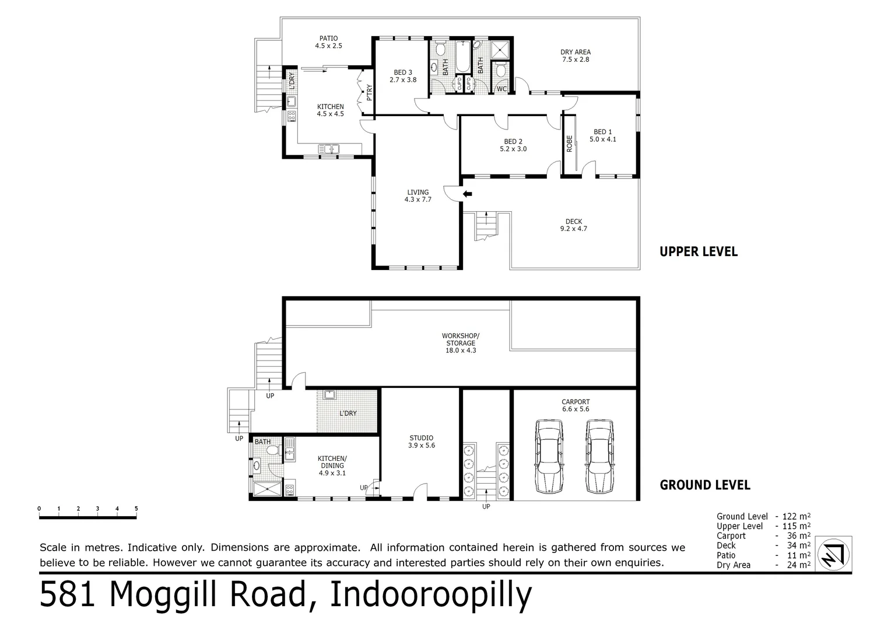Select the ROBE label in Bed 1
tap(570, 143)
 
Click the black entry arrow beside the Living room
tap(467, 194)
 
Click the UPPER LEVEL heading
tap(698, 252)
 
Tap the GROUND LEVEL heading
tap(704, 485)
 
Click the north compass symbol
tap(833, 553)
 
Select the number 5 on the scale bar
tap(136, 509)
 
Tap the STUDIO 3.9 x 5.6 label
tap(421, 442)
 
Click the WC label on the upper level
tap(501, 89)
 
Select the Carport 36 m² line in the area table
tap(763, 535)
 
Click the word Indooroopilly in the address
tap(431, 595)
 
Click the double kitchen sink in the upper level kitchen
tap(328, 149)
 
